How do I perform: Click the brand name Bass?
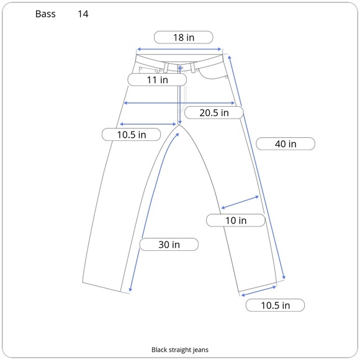pos(45,14)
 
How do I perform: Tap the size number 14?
pos(83,14)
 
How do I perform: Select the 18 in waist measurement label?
pos(184,37)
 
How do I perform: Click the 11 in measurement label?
pos(157,80)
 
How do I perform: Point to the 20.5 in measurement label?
pos(214,113)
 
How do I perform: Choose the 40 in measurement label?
pos(286,144)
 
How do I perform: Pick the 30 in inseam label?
pos(169,245)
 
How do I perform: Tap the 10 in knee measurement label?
pos(236,220)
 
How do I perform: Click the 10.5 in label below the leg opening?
pos(276,305)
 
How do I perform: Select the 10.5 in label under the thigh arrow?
pos(132,135)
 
